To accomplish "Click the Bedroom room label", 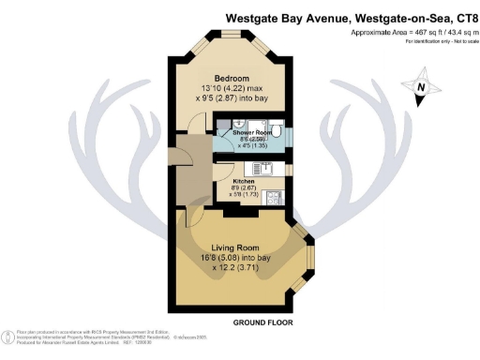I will point(230,77).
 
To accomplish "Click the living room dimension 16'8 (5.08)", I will point(223,259).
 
